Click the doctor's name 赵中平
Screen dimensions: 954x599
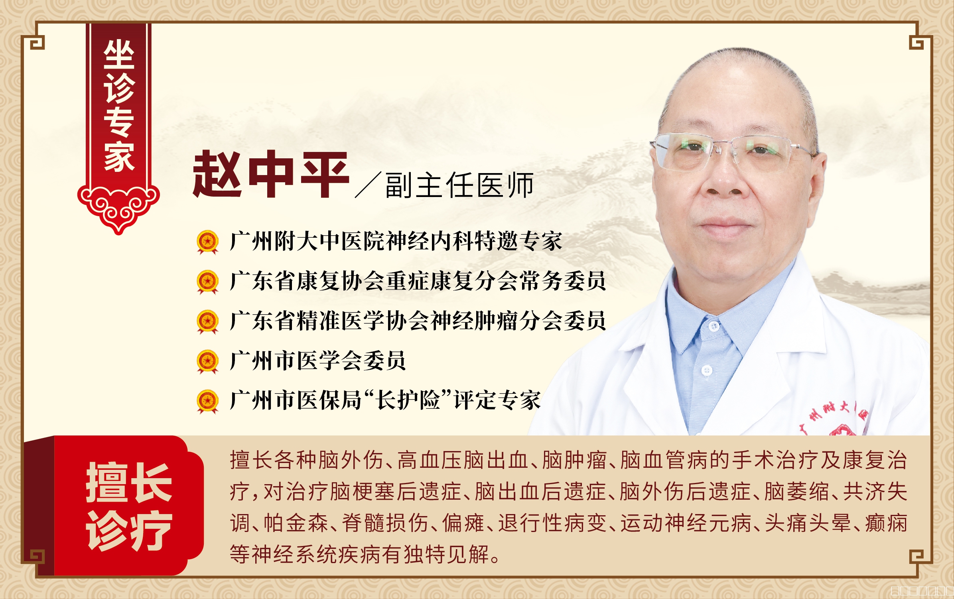pyautogui.click(x=271, y=174)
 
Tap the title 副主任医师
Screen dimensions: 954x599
pyautogui.click(x=459, y=185)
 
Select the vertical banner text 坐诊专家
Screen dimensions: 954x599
pyautogui.click(x=119, y=106)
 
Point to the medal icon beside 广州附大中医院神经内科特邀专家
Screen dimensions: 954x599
pyautogui.click(x=208, y=242)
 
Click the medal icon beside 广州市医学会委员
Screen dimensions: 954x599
pyautogui.click(x=208, y=361)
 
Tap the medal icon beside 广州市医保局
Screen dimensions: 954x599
pyautogui.click(x=208, y=401)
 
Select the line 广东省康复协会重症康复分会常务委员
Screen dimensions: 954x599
pyautogui.click(x=418, y=281)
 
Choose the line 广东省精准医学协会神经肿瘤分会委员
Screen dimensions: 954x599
pyautogui.click(x=418, y=321)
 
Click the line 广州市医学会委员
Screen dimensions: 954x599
pyautogui.click(x=318, y=361)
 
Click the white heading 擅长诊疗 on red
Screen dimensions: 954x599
pyautogui.click(x=129, y=506)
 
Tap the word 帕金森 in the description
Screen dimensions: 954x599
pyautogui.click(x=296, y=523)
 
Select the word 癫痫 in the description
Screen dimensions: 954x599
pyautogui.click(x=886, y=523)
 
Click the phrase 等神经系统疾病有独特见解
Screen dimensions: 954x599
pyautogui.click(x=359, y=554)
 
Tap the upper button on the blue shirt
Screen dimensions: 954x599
pyautogui.click(x=714, y=327)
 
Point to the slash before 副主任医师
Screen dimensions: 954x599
pyautogui.click(x=368, y=185)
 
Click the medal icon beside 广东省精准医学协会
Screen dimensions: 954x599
pyautogui.click(x=208, y=321)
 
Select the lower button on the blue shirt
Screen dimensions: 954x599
pyautogui.click(x=707, y=370)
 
